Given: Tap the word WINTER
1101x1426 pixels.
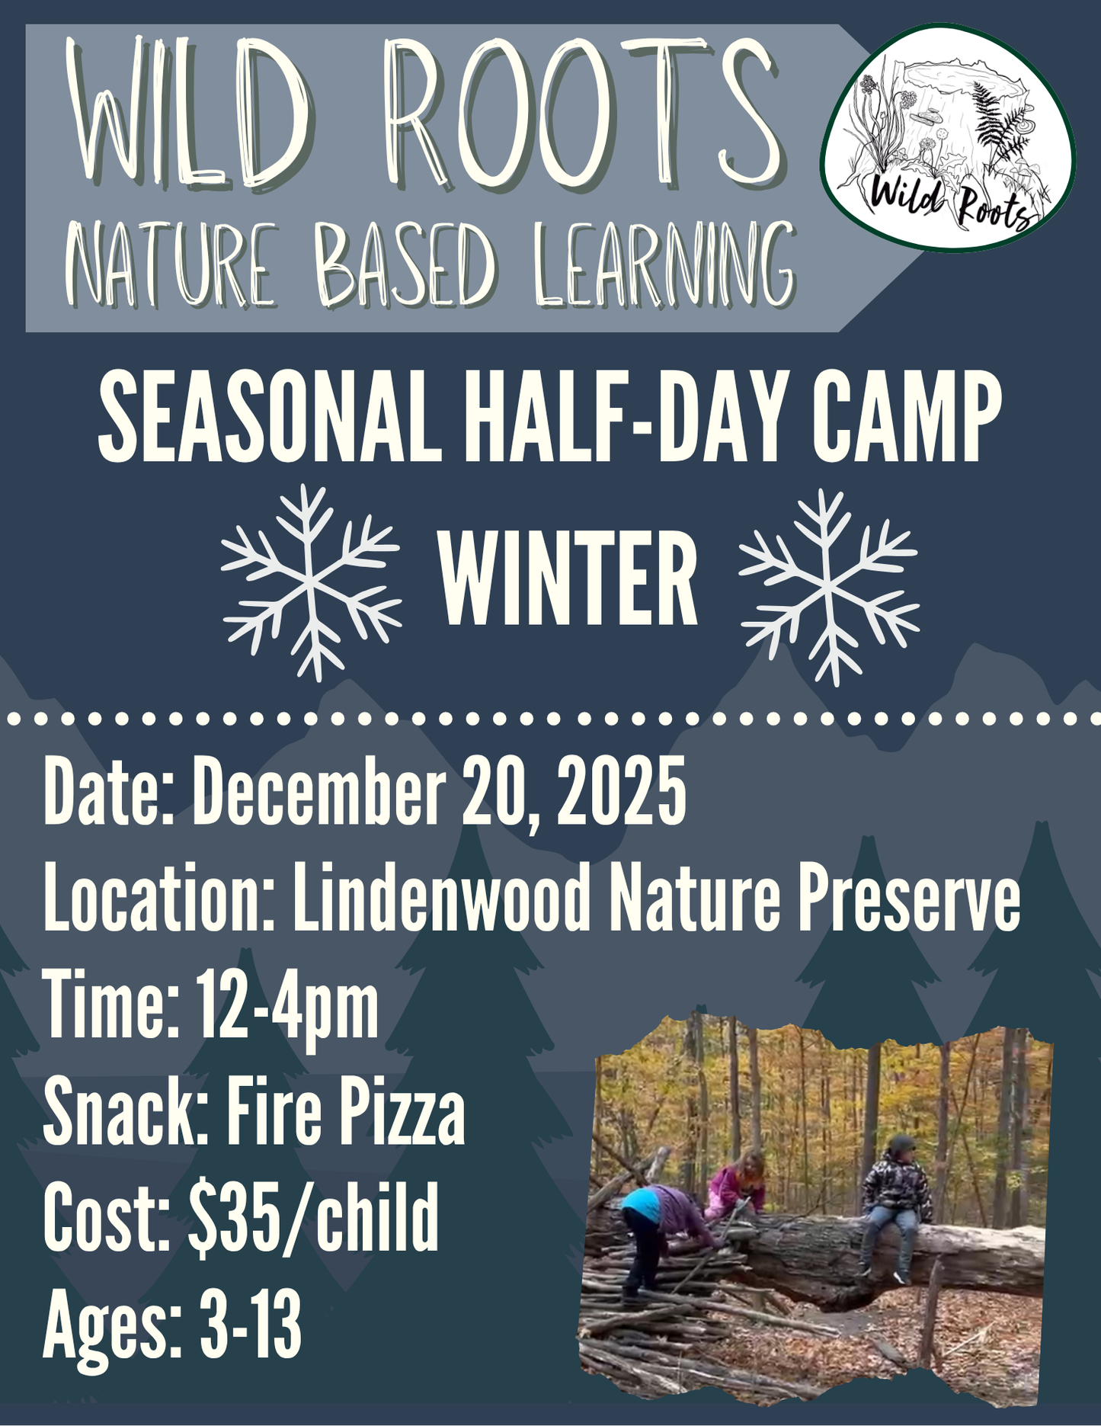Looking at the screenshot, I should [x=568, y=579].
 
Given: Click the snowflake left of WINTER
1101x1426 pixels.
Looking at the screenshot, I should [x=311, y=583].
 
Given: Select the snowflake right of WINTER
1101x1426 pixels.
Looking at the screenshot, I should [x=829, y=587].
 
